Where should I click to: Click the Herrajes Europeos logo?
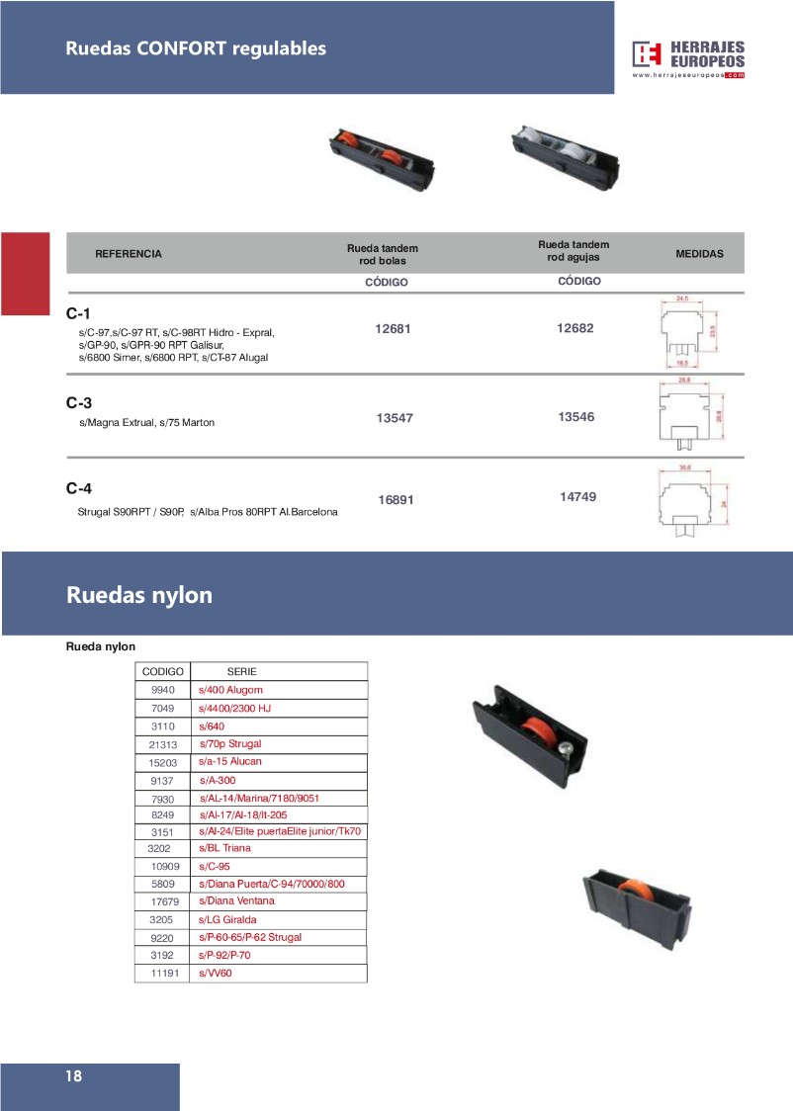click(688, 57)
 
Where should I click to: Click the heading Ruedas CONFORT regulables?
click(196, 48)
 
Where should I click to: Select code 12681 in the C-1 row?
click(394, 330)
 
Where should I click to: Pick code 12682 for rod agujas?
click(575, 328)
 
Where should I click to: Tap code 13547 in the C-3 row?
click(395, 419)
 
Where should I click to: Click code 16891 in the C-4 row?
click(396, 500)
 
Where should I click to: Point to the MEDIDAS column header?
click(699, 254)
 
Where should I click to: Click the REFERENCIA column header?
click(129, 254)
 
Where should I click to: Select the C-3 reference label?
click(79, 403)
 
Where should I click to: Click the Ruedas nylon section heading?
click(139, 595)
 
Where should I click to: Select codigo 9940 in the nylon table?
click(162, 690)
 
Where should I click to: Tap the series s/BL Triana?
click(225, 848)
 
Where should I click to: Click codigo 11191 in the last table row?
click(162, 974)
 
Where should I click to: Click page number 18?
click(74, 1076)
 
